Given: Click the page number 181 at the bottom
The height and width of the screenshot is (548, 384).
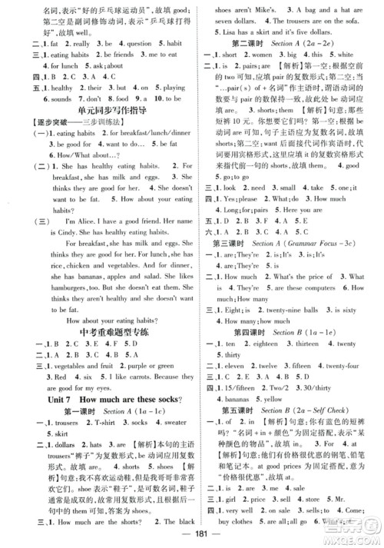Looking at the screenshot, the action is [x=191, y=536].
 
